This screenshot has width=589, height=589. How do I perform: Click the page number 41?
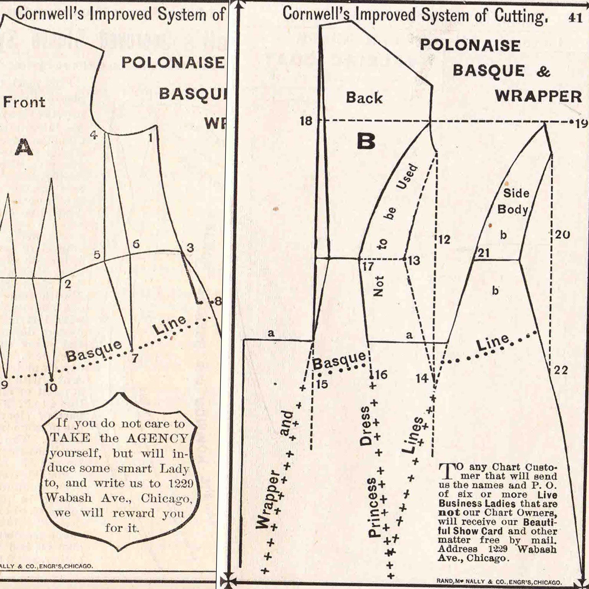(x=575, y=18)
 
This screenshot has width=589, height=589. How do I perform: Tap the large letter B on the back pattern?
(x=366, y=141)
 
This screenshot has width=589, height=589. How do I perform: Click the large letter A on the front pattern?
(x=24, y=148)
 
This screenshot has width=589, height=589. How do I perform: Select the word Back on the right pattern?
(x=364, y=98)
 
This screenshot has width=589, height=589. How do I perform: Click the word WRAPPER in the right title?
(x=538, y=97)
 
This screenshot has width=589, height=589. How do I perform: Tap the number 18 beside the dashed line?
(x=306, y=121)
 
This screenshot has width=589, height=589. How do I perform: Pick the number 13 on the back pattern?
(x=414, y=261)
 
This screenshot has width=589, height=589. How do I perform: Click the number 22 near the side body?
(x=561, y=370)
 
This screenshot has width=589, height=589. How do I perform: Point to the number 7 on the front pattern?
(x=135, y=358)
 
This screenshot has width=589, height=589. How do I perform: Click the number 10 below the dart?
(x=51, y=388)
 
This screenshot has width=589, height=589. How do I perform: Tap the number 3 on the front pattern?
(x=190, y=248)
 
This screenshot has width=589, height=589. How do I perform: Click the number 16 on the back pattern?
(x=381, y=374)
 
